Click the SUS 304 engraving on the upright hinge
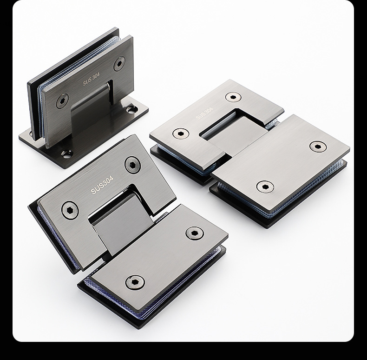click(92, 80)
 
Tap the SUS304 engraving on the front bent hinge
click(102, 184)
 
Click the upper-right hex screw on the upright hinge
click(119, 63)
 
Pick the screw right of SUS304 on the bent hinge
click(132, 164)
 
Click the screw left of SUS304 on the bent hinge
click(70, 210)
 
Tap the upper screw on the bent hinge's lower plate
click(195, 233)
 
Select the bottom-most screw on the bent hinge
click(135, 281)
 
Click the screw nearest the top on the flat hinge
click(233, 97)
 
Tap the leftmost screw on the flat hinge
click(181, 134)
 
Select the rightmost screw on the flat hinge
click(318, 147)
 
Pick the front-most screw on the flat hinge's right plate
click(265, 187)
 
